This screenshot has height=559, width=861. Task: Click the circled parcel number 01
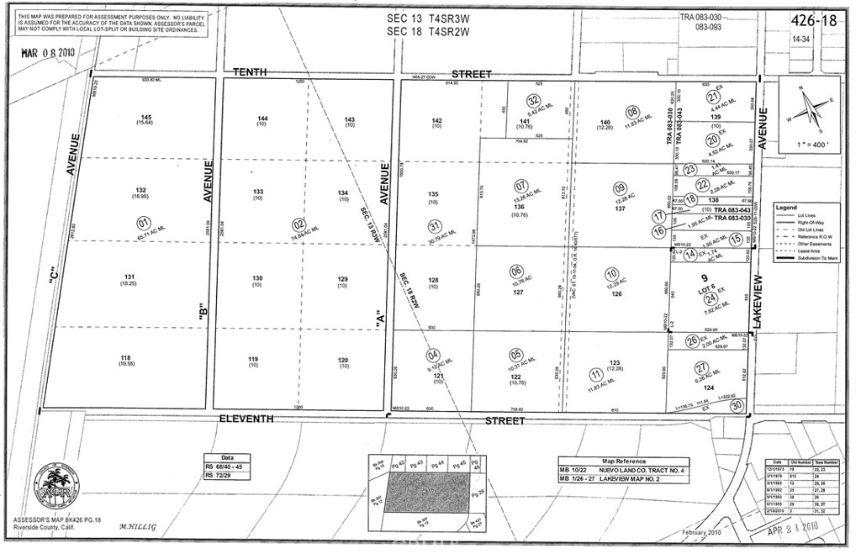[x=144, y=224]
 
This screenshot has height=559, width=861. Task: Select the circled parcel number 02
[x=298, y=224]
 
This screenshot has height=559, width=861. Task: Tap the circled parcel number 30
[x=737, y=406]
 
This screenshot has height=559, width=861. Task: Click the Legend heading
[x=787, y=207]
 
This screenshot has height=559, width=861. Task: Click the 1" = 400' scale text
[x=808, y=145]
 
